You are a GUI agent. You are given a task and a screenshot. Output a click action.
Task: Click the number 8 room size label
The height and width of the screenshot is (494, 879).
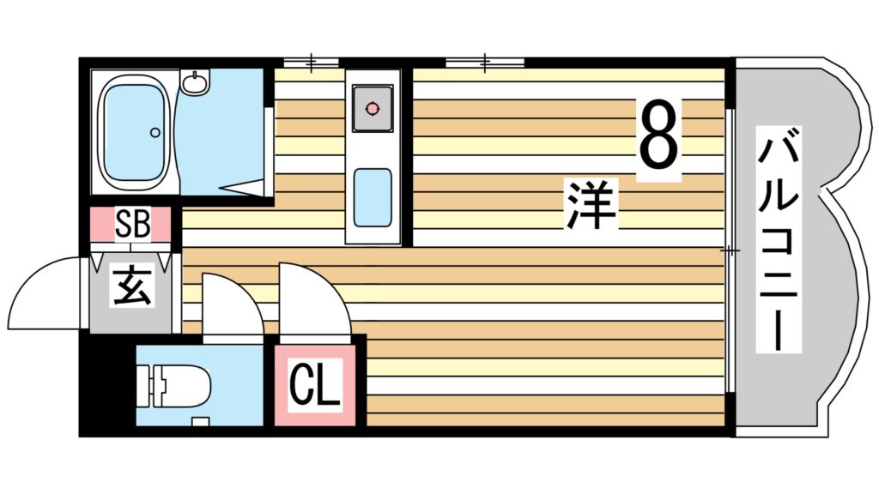click(658, 136)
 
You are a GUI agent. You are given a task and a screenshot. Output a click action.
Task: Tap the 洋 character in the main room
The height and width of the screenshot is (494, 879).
click(591, 205)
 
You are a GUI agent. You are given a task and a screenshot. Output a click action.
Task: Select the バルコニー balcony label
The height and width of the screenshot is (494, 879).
click(779, 239)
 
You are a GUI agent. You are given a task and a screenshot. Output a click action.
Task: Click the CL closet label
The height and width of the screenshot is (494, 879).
click(315, 386)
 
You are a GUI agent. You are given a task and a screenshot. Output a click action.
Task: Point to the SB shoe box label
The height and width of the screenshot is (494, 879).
click(133, 225)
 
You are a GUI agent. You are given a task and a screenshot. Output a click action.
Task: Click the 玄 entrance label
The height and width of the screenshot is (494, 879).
click(131, 287)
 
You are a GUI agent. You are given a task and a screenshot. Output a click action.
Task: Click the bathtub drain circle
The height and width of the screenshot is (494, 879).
click(155, 132)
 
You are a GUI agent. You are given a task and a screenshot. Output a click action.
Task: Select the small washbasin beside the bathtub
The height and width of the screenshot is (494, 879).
click(197, 83)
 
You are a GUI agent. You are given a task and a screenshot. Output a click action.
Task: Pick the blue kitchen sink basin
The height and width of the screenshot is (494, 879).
click(373, 196)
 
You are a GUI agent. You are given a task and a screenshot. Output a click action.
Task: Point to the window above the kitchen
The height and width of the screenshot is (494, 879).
click(311, 62)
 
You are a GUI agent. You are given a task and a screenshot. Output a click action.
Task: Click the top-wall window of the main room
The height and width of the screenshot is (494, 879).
click(485, 62)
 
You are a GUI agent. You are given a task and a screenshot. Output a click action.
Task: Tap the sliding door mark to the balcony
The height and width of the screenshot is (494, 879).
click(730, 251)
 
